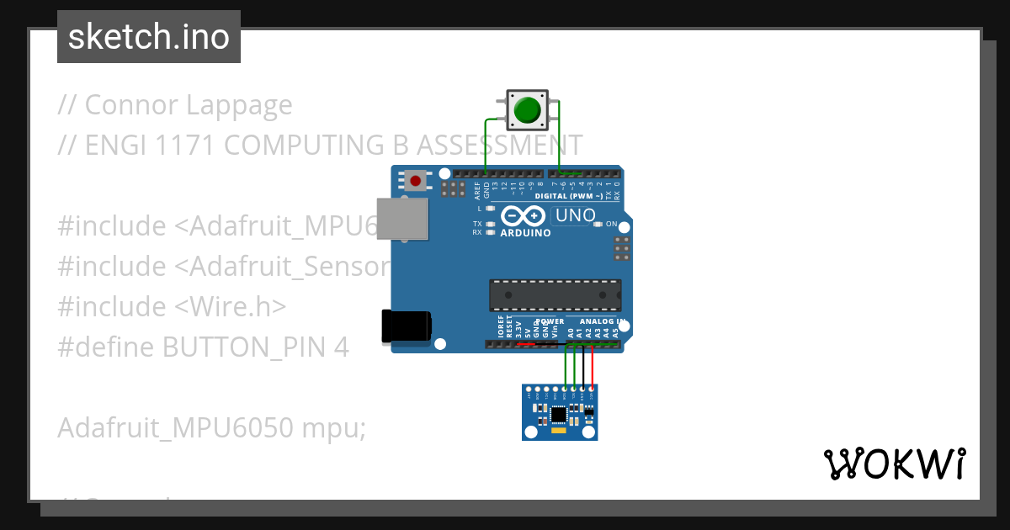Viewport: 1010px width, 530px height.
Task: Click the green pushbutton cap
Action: coord(527,110)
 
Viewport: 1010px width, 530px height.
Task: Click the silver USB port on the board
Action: coord(401,219)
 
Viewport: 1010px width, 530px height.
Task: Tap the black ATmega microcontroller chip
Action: coord(555,295)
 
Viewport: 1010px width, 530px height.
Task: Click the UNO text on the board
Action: coord(576,215)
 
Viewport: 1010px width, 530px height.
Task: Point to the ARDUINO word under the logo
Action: coord(526,233)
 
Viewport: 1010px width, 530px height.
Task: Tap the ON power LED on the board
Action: coord(598,224)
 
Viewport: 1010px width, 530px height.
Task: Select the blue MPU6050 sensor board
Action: coord(560,412)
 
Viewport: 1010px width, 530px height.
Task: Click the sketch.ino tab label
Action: coord(149,37)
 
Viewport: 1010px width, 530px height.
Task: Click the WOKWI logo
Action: coord(894,464)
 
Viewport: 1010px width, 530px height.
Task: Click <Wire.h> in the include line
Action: coord(231,306)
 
